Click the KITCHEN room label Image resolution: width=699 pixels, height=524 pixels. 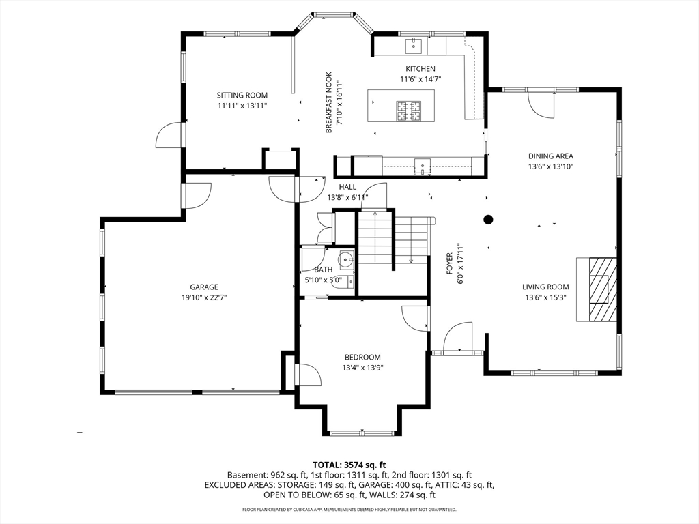420,69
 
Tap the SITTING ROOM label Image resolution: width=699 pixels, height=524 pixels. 242,96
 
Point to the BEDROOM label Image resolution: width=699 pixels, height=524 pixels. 362,358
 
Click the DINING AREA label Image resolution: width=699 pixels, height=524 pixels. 550,156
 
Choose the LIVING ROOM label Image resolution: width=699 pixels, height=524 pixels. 545,287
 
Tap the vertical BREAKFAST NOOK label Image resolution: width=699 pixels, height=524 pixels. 328,102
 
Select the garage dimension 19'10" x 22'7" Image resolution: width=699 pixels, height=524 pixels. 204,297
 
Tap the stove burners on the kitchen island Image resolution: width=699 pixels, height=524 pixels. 410,110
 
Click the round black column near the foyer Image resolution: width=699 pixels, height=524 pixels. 489,219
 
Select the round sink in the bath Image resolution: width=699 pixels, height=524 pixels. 347,259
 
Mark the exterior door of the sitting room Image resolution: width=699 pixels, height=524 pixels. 169,136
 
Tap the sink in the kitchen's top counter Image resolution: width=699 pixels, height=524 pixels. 414,46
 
